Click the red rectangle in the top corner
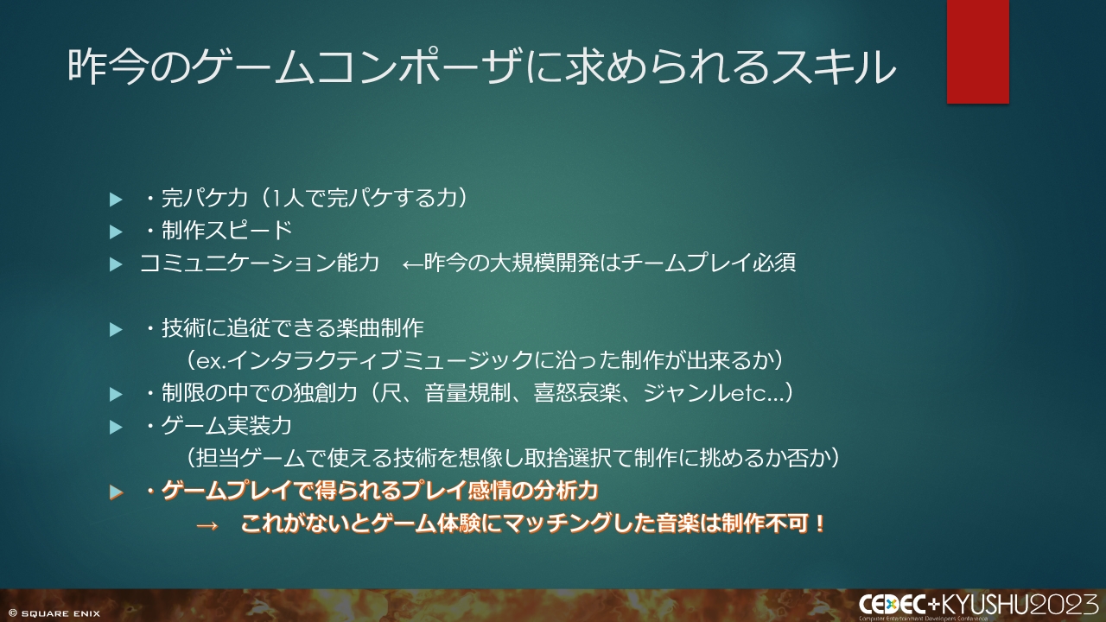(977, 51)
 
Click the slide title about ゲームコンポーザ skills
(481, 67)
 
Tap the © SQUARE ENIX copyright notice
(54, 613)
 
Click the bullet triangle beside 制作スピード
(116, 232)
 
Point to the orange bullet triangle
(116, 492)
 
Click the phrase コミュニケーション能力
(260, 263)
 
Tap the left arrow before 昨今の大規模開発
(413, 264)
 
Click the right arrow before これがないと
(207, 525)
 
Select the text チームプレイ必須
(709, 263)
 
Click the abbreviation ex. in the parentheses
(212, 362)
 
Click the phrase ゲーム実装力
(226, 426)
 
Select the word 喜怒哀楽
(576, 393)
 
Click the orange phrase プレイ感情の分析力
(500, 492)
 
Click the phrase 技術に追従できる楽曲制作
(293, 328)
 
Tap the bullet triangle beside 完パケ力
(116, 200)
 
